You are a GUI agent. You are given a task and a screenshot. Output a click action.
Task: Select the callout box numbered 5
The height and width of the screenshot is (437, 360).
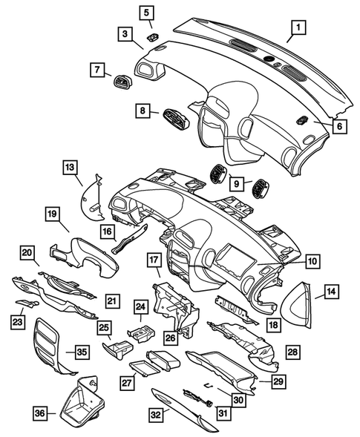145,12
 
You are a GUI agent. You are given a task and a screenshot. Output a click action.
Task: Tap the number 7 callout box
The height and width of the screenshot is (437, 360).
96,70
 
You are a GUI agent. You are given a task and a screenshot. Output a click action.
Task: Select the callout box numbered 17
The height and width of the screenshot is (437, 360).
153,260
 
